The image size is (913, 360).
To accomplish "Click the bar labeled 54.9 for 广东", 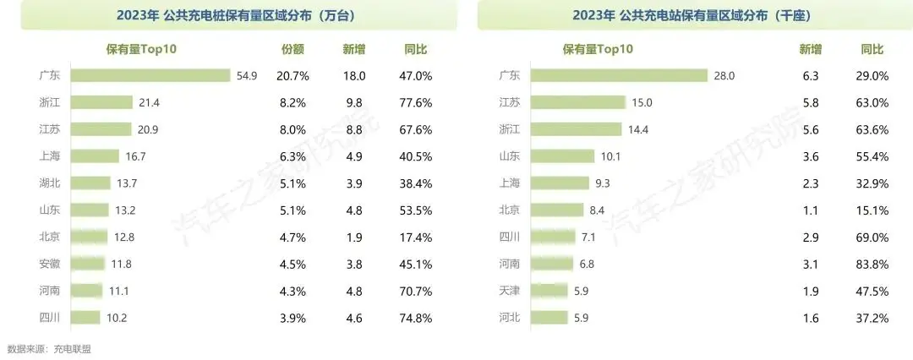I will click(150, 76).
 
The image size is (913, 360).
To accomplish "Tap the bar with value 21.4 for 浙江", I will click(101, 102).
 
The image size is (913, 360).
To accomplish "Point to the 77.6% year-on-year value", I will click(415, 102).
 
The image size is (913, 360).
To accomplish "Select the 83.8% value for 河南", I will click(873, 264).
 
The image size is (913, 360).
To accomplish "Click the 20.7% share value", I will click(292, 76).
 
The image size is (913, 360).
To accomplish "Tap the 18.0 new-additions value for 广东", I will click(353, 76).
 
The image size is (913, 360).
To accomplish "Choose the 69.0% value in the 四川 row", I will click(873, 237).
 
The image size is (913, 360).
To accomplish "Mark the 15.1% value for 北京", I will click(873, 210).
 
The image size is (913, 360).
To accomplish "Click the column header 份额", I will click(292, 50).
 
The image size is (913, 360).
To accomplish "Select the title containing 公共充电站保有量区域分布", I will click(692, 15).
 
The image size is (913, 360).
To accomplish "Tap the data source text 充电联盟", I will click(72, 348).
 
